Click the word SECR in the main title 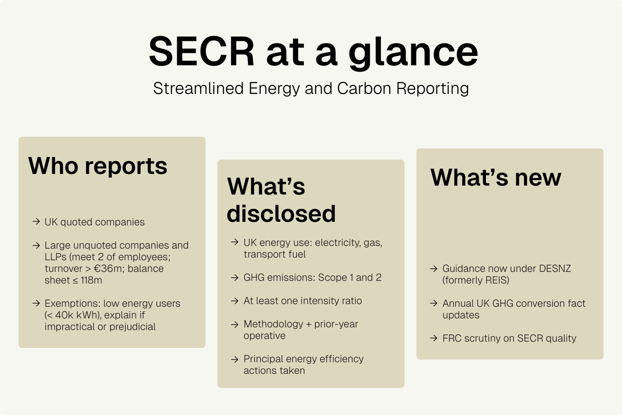pos(201,51)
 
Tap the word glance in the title pos(413,53)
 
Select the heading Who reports pos(98,166)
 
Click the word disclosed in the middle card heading pos(281,213)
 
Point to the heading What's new pos(496,177)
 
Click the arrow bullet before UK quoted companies pos(36,221)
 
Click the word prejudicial pos(132,327)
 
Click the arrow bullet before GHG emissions pos(234,277)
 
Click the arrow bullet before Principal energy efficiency pos(234,359)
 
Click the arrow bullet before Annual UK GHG pos(434,303)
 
